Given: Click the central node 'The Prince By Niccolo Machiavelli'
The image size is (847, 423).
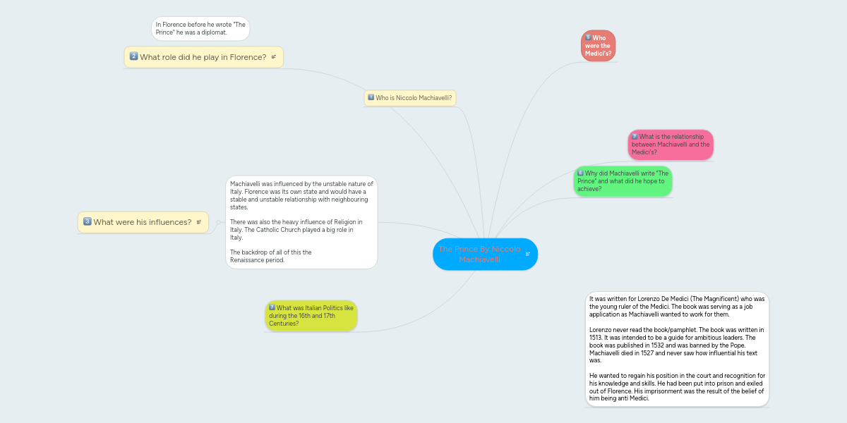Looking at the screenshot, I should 480,254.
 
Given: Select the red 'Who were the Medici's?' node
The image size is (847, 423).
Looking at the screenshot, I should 598,46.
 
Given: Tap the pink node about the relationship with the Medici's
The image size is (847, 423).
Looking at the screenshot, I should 670,145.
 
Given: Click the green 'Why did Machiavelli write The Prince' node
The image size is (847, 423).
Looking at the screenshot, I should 622,181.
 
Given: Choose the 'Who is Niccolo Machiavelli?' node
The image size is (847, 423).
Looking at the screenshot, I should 409,98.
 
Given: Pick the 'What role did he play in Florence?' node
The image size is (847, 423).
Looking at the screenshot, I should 203,57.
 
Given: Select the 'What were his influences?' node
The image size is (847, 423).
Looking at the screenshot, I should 143,222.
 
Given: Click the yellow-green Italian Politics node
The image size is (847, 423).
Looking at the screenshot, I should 311,316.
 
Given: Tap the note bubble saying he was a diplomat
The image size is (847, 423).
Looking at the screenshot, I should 200,28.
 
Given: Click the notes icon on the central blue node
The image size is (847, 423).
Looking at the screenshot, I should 527,254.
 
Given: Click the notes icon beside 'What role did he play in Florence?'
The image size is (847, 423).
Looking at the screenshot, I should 273,57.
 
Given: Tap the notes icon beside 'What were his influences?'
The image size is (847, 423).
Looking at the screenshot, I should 198,222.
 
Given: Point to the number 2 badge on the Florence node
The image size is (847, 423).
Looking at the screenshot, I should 133,56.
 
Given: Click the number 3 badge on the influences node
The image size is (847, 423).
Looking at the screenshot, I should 87,221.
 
